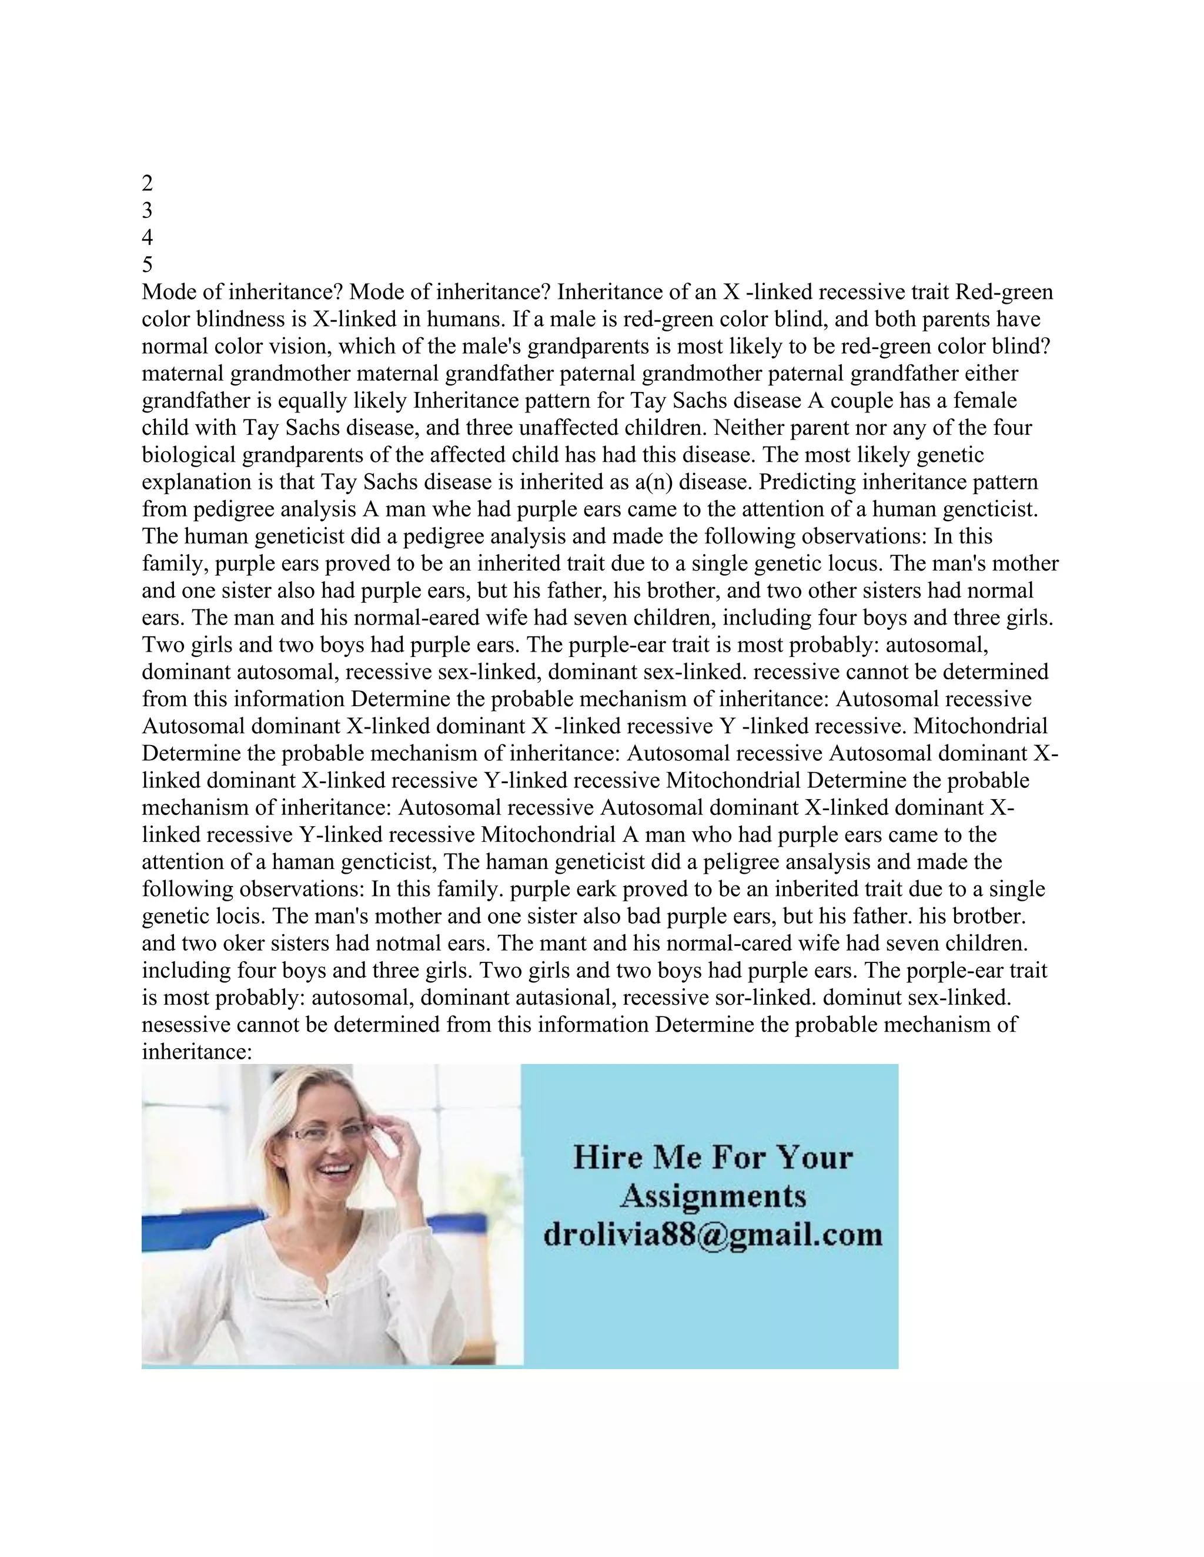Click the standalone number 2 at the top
148,183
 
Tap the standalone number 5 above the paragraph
148,264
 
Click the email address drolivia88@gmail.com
713,1234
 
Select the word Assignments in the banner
713,1196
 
